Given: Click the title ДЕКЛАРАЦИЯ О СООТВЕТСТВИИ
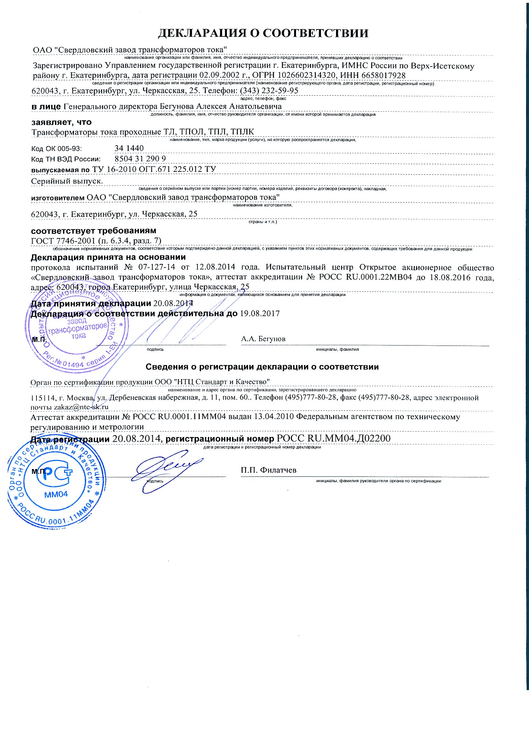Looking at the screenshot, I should click(263, 33).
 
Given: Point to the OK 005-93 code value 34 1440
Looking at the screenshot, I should click(129, 148).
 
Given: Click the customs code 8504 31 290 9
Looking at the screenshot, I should click(140, 159).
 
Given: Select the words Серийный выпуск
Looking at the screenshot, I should click(67, 181).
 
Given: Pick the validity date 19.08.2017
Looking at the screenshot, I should click(260, 314).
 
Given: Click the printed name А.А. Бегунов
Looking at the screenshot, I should click(263, 339).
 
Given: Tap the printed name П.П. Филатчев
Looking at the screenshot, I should click(269, 470).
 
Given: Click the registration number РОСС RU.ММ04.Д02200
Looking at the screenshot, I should click(333, 439).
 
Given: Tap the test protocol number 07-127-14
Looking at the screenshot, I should click(157, 267).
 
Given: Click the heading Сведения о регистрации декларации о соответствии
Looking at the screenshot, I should click(262, 367).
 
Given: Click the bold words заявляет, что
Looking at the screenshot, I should click(61, 122).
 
